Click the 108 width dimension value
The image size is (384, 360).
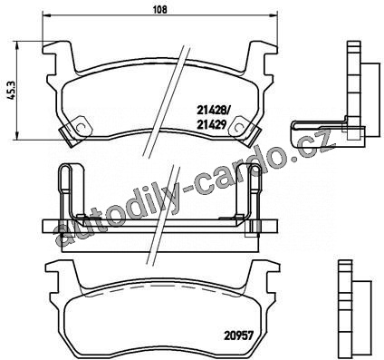[160, 9]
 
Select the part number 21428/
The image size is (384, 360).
[213, 111]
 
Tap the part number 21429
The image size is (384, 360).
[211, 124]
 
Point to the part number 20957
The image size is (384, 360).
[238, 336]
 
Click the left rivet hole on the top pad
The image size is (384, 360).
[81, 127]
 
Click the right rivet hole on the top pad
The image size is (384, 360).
[238, 127]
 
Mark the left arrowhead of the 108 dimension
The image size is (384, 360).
[47, 15]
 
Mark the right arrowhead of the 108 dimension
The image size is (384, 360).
[273, 15]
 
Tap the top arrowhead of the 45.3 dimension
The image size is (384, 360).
[18, 46]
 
